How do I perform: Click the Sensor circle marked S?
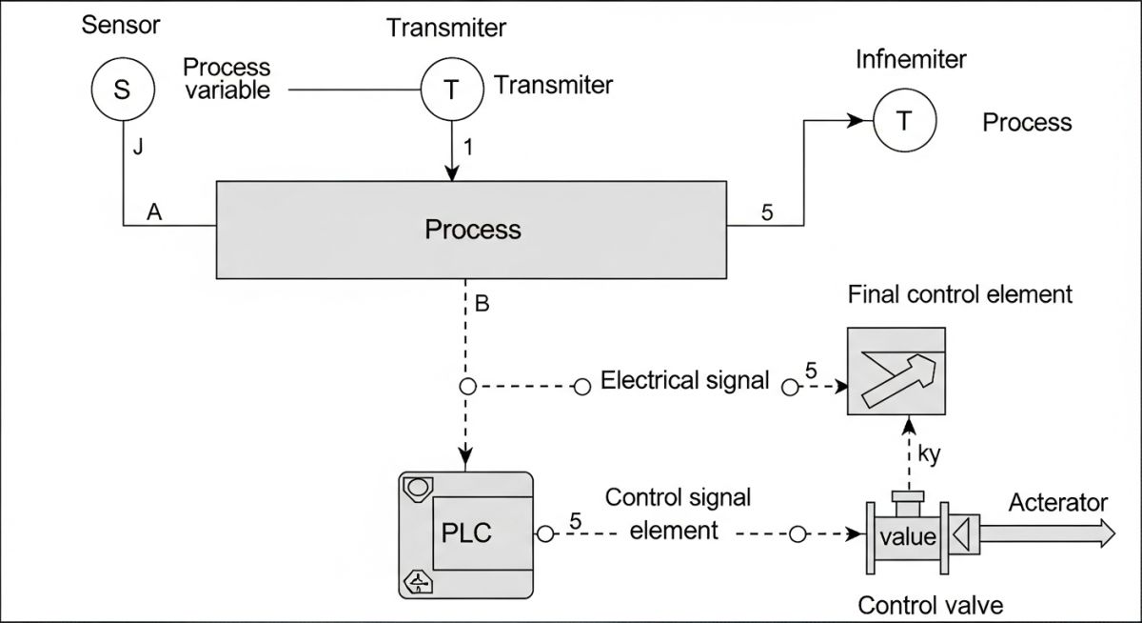(123, 90)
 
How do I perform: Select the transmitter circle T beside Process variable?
(452, 90)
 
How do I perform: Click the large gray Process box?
(472, 229)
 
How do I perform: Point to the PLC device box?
(465, 534)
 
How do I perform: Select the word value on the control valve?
(908, 535)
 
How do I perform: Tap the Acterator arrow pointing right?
(1047, 534)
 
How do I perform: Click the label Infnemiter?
(911, 60)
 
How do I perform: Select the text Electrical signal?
(685, 381)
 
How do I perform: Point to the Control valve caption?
(930, 605)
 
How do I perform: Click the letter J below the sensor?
(138, 148)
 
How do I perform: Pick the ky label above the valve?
(929, 454)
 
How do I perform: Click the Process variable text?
(226, 79)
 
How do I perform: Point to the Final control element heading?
(959, 293)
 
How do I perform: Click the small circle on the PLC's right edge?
(544, 534)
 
